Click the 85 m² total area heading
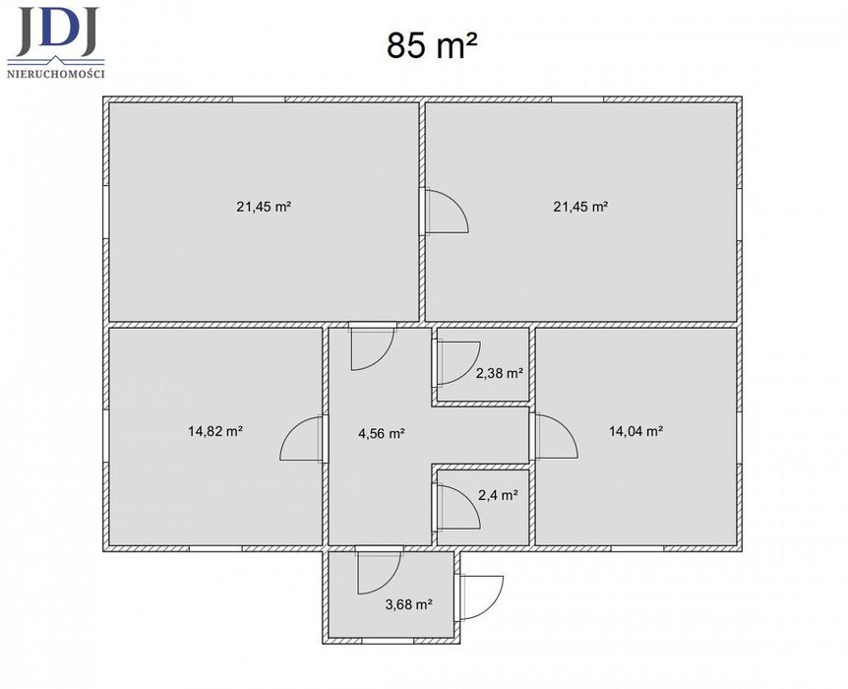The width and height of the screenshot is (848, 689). click(x=432, y=45)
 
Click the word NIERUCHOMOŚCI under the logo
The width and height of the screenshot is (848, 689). click(x=56, y=74)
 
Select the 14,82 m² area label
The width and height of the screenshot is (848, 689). click(x=215, y=431)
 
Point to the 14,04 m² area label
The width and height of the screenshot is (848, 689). click(x=636, y=431)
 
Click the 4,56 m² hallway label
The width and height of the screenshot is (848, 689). click(x=382, y=433)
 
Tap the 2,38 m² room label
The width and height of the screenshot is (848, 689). click(x=499, y=373)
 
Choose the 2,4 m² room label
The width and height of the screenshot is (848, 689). click(x=499, y=495)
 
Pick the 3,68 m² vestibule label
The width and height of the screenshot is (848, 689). click(x=408, y=604)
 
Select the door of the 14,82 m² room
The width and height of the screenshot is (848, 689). click(x=301, y=439)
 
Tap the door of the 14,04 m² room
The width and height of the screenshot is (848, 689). click(x=555, y=436)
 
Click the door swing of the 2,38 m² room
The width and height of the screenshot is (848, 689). click(x=457, y=363)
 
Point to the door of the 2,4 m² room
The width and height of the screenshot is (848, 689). click(x=457, y=506)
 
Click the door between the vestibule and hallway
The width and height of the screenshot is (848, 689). click(x=379, y=570)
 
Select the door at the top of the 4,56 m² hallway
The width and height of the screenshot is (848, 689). click(x=373, y=346)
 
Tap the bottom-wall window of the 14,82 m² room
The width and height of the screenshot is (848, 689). click(x=215, y=548)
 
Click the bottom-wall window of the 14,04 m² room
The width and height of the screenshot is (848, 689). click(x=637, y=548)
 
